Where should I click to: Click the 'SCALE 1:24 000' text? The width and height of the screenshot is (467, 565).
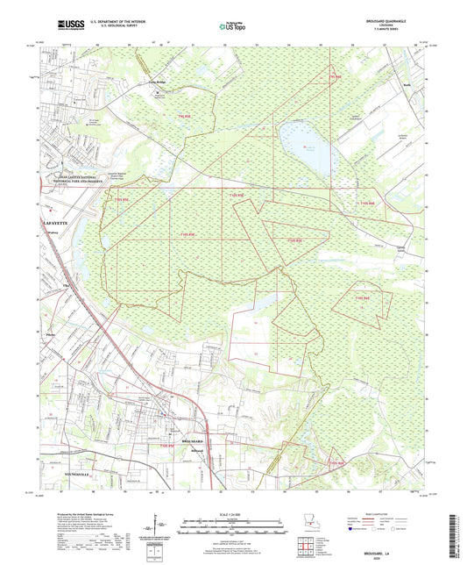(x=232, y=512)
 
